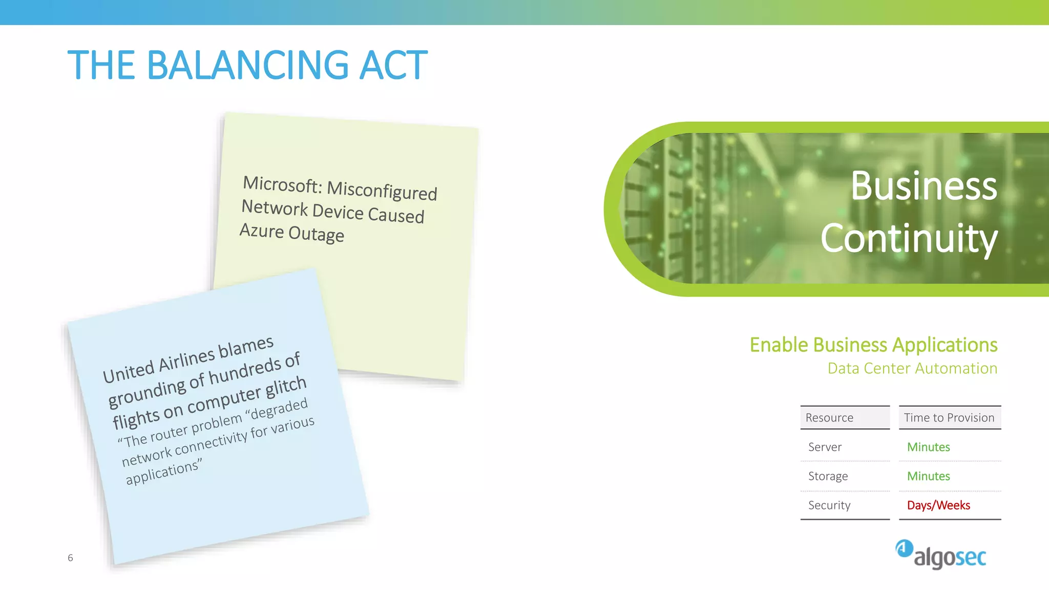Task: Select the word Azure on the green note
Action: point(262,231)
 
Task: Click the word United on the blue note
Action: point(129,371)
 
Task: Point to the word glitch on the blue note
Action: point(286,388)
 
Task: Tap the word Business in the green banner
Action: point(924,186)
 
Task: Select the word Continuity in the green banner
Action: point(909,239)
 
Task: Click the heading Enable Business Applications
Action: point(873,345)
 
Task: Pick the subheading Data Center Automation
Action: point(912,368)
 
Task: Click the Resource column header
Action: point(829,418)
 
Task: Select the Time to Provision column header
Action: point(949,418)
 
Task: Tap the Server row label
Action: point(825,447)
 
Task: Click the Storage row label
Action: point(828,476)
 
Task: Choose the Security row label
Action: point(829,505)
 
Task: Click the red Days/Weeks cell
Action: point(938,505)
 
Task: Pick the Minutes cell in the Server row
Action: point(928,447)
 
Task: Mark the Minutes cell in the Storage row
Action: point(928,476)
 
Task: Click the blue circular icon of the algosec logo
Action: point(904,549)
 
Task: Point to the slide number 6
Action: point(70,558)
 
